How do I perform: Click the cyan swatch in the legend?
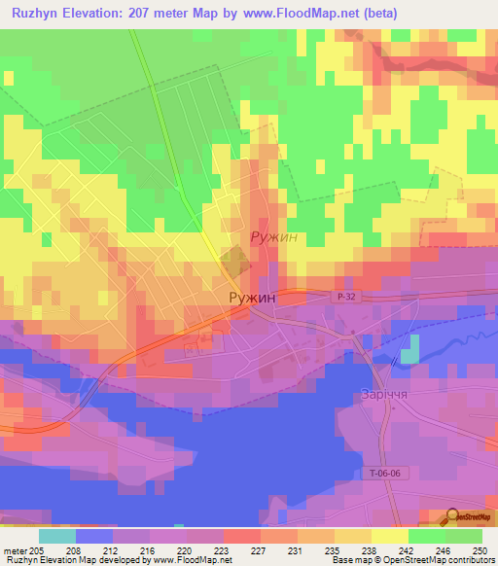(57, 535)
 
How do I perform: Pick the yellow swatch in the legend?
(390, 535)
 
